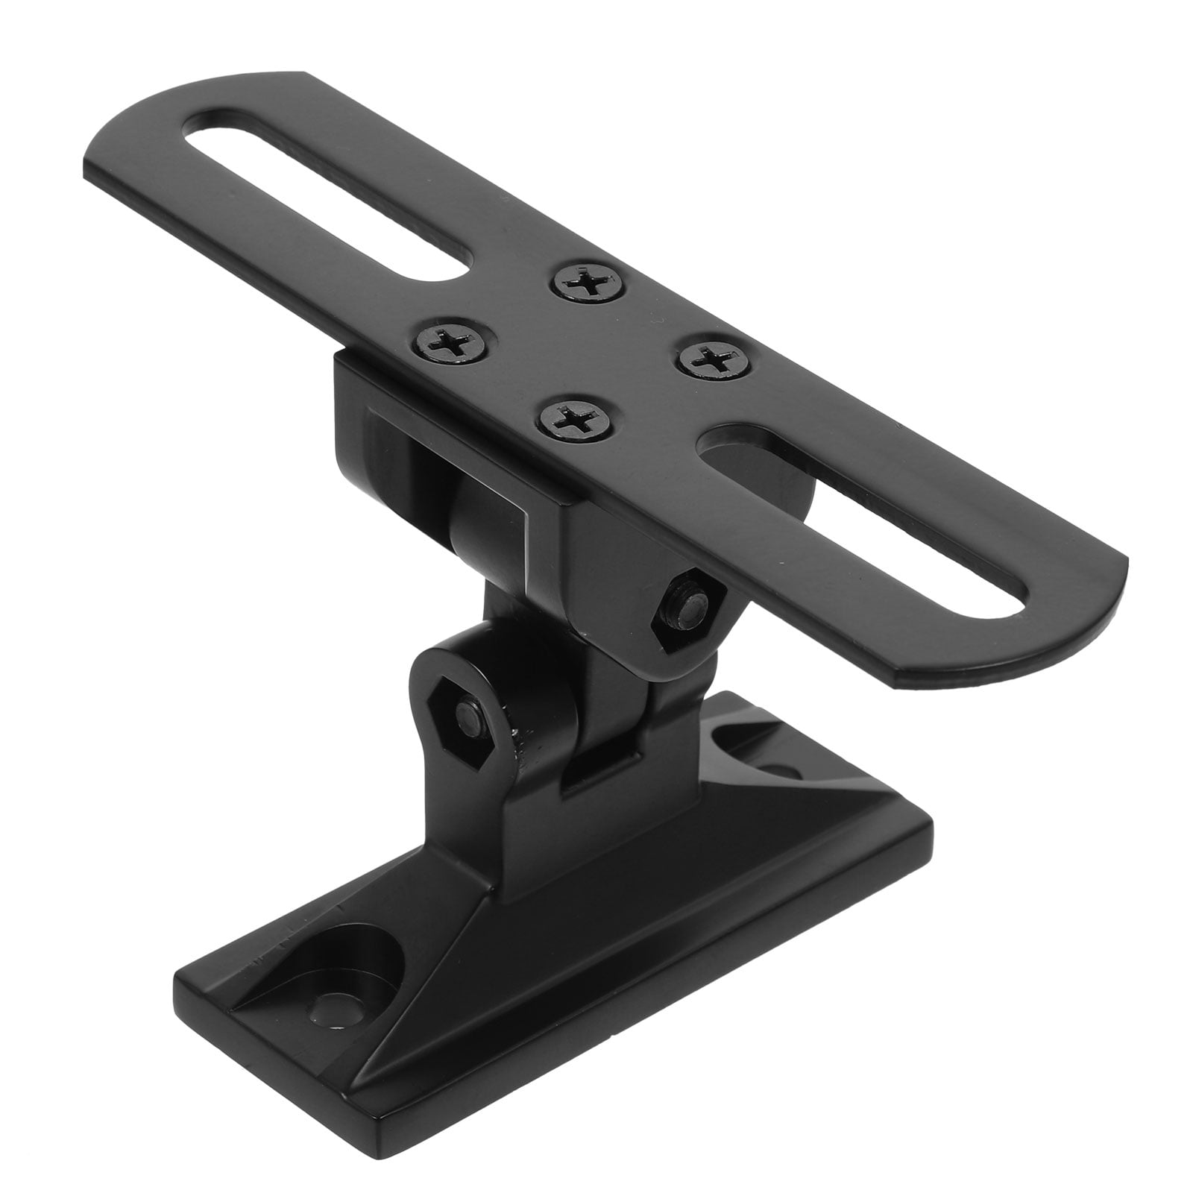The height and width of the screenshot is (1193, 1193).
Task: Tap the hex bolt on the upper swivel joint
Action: coord(687,600)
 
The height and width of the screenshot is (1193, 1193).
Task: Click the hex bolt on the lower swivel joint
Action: coord(470,717)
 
